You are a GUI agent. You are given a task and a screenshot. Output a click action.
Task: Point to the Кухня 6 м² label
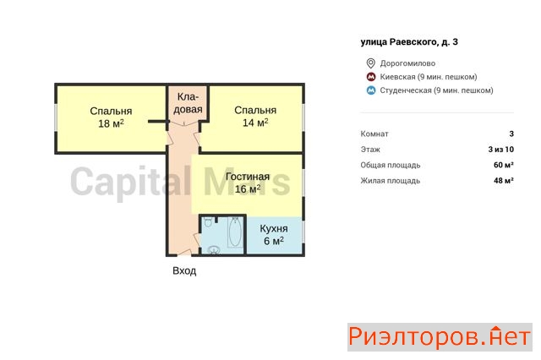click(x=274, y=234)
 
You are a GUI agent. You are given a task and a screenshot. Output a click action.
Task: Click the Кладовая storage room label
click(x=188, y=103)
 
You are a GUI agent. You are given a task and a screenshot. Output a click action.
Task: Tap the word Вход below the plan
click(x=184, y=270)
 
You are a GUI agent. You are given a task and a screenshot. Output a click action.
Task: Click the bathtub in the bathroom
click(x=235, y=232)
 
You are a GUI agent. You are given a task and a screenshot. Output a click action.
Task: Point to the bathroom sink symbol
click(x=214, y=249)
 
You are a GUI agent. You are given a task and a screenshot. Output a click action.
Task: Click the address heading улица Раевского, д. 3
click(x=409, y=41)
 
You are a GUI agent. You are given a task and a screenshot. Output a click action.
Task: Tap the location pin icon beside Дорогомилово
click(x=370, y=63)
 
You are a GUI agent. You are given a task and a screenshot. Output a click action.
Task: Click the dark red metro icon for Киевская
click(x=371, y=77)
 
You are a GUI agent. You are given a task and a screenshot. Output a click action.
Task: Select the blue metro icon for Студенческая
click(x=371, y=90)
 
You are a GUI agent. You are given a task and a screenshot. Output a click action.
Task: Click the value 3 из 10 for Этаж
click(x=501, y=150)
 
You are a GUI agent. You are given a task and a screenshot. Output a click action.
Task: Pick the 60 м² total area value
click(x=504, y=165)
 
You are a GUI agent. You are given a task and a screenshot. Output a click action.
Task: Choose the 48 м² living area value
click(x=504, y=180)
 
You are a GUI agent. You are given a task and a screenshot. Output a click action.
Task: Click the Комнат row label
click(x=374, y=134)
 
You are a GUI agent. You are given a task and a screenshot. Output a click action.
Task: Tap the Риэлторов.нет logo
click(x=440, y=337)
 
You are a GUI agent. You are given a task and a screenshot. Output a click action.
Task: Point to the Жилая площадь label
click(x=391, y=180)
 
